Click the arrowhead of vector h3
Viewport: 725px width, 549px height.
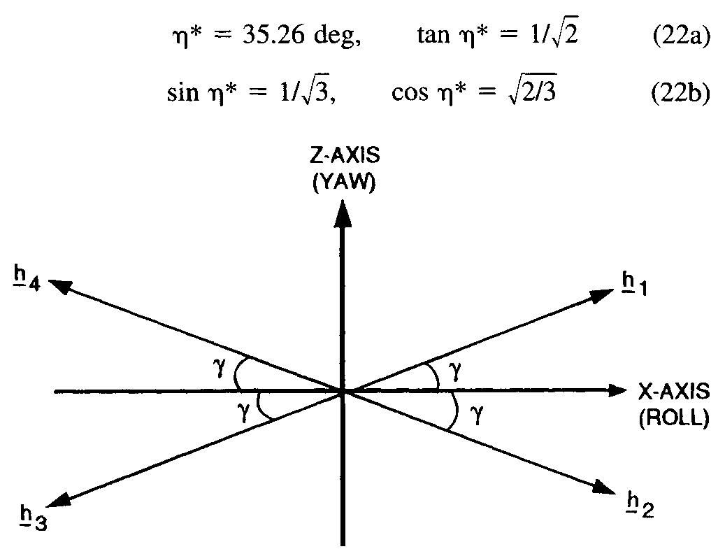63,499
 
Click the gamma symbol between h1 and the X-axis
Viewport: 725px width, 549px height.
455,371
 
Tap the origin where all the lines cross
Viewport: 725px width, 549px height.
343,391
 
